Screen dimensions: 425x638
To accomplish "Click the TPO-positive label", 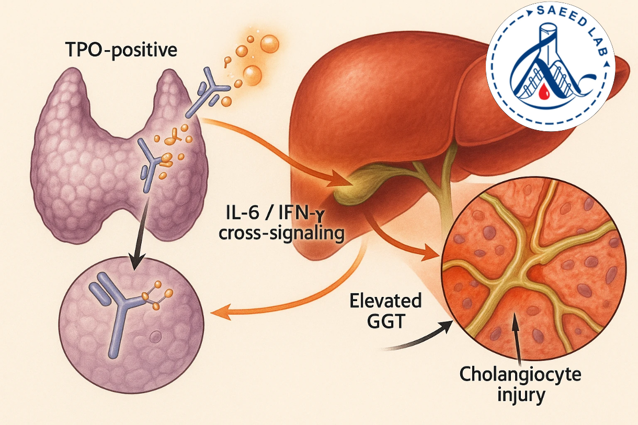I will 122,50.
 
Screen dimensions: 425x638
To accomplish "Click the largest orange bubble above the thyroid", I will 270,42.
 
